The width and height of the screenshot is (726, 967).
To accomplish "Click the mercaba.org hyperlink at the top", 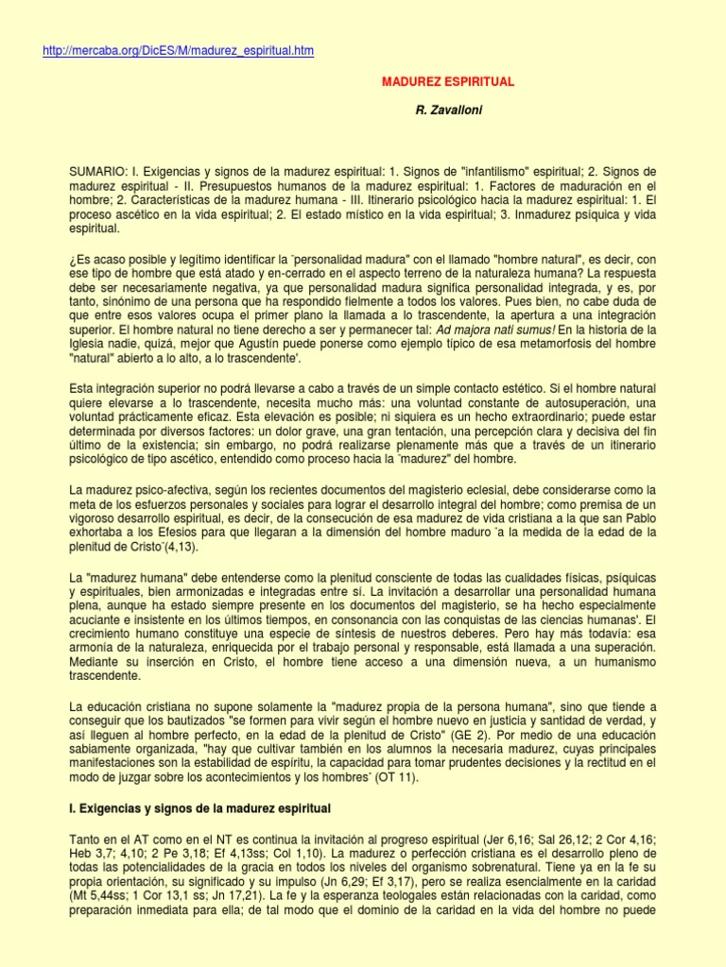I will [x=179, y=51].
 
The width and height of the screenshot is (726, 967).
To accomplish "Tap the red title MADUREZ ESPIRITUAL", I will [x=448, y=82].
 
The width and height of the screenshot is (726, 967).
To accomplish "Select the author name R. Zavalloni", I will [x=448, y=111].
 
